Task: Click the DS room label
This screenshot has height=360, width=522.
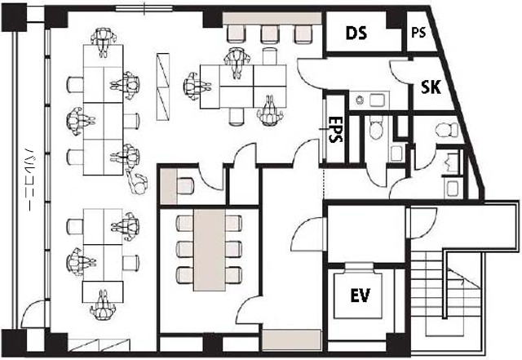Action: [356, 33]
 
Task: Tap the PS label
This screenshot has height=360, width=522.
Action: [418, 33]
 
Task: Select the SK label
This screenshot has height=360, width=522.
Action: [431, 87]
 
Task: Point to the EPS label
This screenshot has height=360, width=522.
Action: [335, 129]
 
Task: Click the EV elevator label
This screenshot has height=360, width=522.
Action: [361, 295]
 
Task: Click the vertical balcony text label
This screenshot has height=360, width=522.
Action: [31, 180]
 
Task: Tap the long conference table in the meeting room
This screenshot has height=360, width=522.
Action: [210, 250]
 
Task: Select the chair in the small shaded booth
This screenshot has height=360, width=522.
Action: [185, 186]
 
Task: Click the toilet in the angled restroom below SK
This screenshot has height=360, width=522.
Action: [447, 130]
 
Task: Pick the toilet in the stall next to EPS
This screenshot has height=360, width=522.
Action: [376, 128]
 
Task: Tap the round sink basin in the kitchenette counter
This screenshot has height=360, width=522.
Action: [360, 100]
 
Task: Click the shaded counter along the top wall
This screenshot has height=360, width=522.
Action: [272, 18]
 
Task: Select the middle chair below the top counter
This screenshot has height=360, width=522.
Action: [269, 34]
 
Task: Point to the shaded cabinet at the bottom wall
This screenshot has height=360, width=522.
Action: [292, 340]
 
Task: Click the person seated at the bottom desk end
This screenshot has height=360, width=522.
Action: [104, 305]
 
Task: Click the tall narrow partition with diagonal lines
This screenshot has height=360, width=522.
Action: [163, 87]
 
